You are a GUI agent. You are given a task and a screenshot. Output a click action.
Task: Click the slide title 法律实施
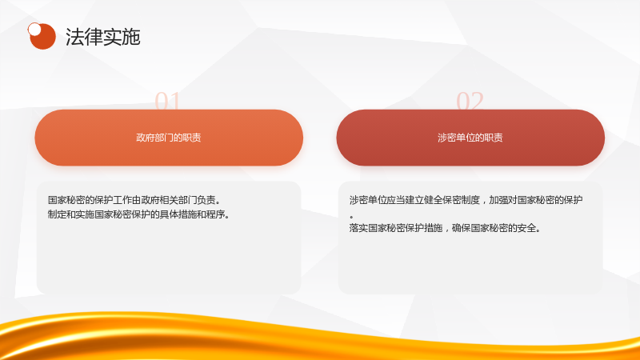(x=103, y=37)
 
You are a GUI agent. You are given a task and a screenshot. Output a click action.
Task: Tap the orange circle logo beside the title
(x=42, y=36)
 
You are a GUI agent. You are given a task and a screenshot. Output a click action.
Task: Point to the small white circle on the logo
(x=34, y=30)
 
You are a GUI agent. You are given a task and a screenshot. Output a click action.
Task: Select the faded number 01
(x=167, y=101)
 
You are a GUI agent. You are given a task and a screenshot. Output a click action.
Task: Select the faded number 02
(x=470, y=101)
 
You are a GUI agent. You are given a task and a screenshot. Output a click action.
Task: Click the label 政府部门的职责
(x=169, y=138)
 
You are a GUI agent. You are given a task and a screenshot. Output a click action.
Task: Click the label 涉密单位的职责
(x=470, y=138)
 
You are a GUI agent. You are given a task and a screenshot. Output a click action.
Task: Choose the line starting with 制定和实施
(x=138, y=214)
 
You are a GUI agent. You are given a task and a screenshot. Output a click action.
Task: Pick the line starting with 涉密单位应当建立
(x=466, y=200)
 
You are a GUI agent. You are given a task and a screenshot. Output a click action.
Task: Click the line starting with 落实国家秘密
(x=445, y=228)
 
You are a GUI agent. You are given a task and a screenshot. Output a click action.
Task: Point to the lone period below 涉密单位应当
(x=351, y=217)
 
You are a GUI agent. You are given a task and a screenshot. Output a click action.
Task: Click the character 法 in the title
(x=74, y=37)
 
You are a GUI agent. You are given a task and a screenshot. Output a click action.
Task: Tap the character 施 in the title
(x=131, y=37)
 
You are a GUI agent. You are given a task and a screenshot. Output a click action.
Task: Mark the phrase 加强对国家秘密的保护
(x=536, y=200)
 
